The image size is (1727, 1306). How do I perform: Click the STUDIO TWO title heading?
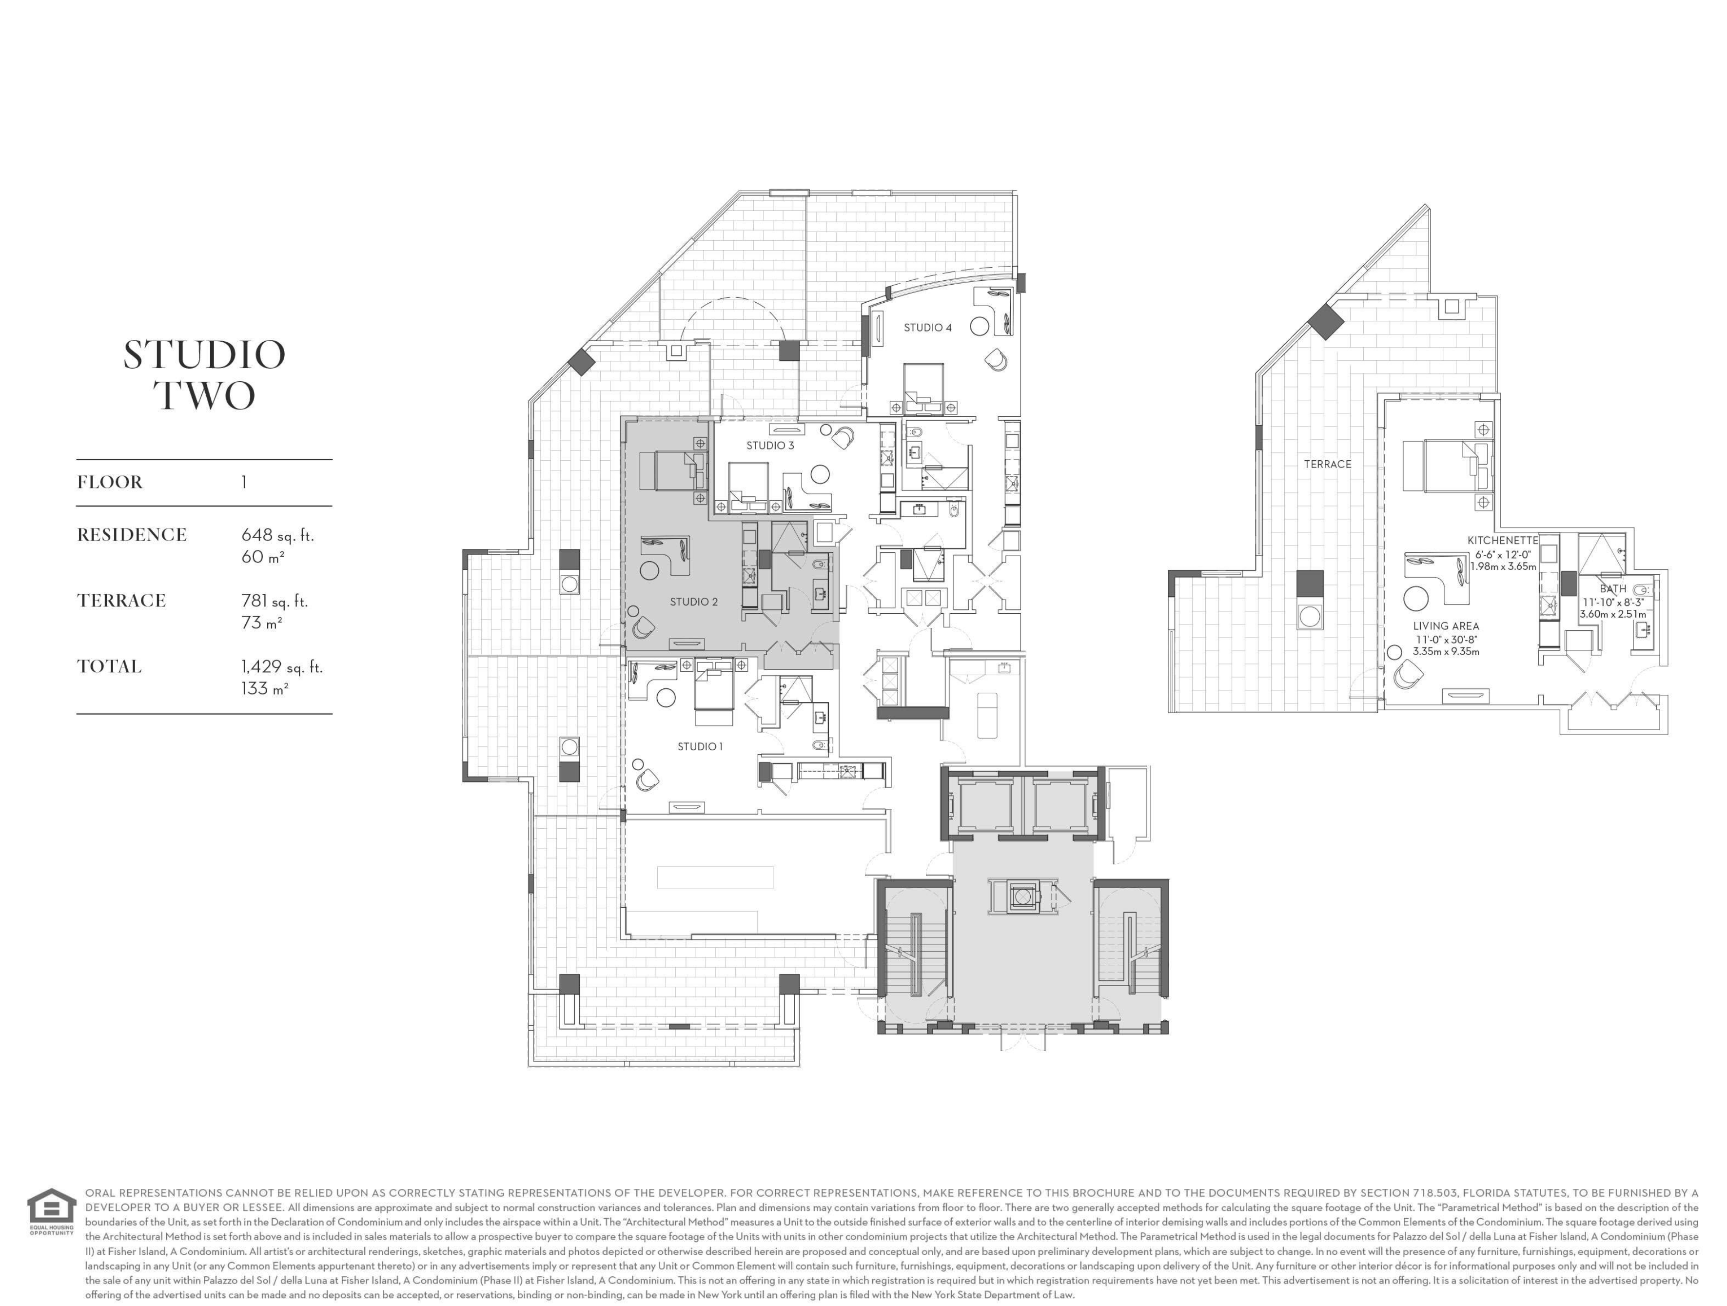click(x=205, y=375)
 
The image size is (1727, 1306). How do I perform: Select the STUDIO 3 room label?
click(x=770, y=446)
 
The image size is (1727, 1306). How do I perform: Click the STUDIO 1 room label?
click(x=700, y=747)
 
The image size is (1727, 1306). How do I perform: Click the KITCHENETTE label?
click(x=1503, y=540)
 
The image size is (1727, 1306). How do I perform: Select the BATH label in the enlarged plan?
click(x=1613, y=588)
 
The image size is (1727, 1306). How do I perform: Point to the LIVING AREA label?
click(x=1446, y=626)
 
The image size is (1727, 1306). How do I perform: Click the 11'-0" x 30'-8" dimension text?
click(x=1446, y=639)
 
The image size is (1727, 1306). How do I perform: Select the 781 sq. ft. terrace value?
click(x=275, y=601)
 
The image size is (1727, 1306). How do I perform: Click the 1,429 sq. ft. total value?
click(x=282, y=667)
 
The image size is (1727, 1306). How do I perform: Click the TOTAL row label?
click(x=109, y=667)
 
